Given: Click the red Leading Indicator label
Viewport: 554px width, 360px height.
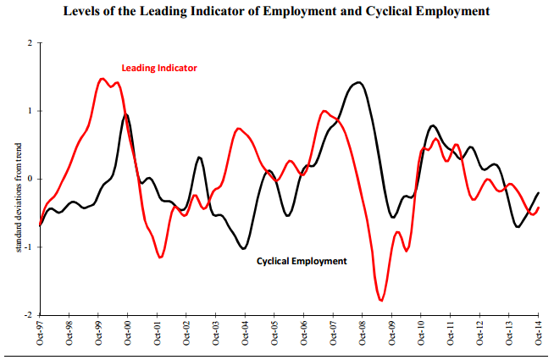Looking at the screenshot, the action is [159, 68].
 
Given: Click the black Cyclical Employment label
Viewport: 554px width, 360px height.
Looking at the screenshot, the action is [302, 261].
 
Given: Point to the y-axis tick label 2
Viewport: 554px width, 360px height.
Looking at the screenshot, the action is [30, 43].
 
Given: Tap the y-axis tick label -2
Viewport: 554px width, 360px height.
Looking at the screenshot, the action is [28, 315].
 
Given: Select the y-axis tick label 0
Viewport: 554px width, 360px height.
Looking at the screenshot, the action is [30, 179].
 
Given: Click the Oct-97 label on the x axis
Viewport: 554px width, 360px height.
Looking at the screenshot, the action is [40, 332].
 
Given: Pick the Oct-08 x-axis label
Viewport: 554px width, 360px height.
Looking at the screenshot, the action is [363, 332].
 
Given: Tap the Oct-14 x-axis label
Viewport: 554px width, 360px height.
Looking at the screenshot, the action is [538, 332].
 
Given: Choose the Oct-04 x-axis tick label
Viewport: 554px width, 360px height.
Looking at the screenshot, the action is [245, 332].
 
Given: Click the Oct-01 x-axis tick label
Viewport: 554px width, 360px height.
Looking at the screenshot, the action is [157, 332].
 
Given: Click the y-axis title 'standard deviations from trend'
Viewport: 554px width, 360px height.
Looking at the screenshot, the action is [19, 197].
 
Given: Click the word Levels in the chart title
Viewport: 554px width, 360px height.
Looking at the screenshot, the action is [78, 11].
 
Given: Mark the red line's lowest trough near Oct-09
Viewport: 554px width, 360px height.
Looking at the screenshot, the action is [381, 301].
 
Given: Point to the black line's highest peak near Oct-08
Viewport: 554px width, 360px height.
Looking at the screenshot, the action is [358, 82].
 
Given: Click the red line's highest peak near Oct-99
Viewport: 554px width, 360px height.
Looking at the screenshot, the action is [102, 79].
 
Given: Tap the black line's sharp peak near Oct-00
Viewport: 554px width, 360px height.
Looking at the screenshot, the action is [126, 114].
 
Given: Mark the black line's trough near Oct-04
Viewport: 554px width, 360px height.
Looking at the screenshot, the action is [244, 249].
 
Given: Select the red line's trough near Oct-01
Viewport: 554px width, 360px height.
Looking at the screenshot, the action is [160, 258].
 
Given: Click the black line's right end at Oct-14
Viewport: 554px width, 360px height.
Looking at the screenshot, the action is [538, 192].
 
